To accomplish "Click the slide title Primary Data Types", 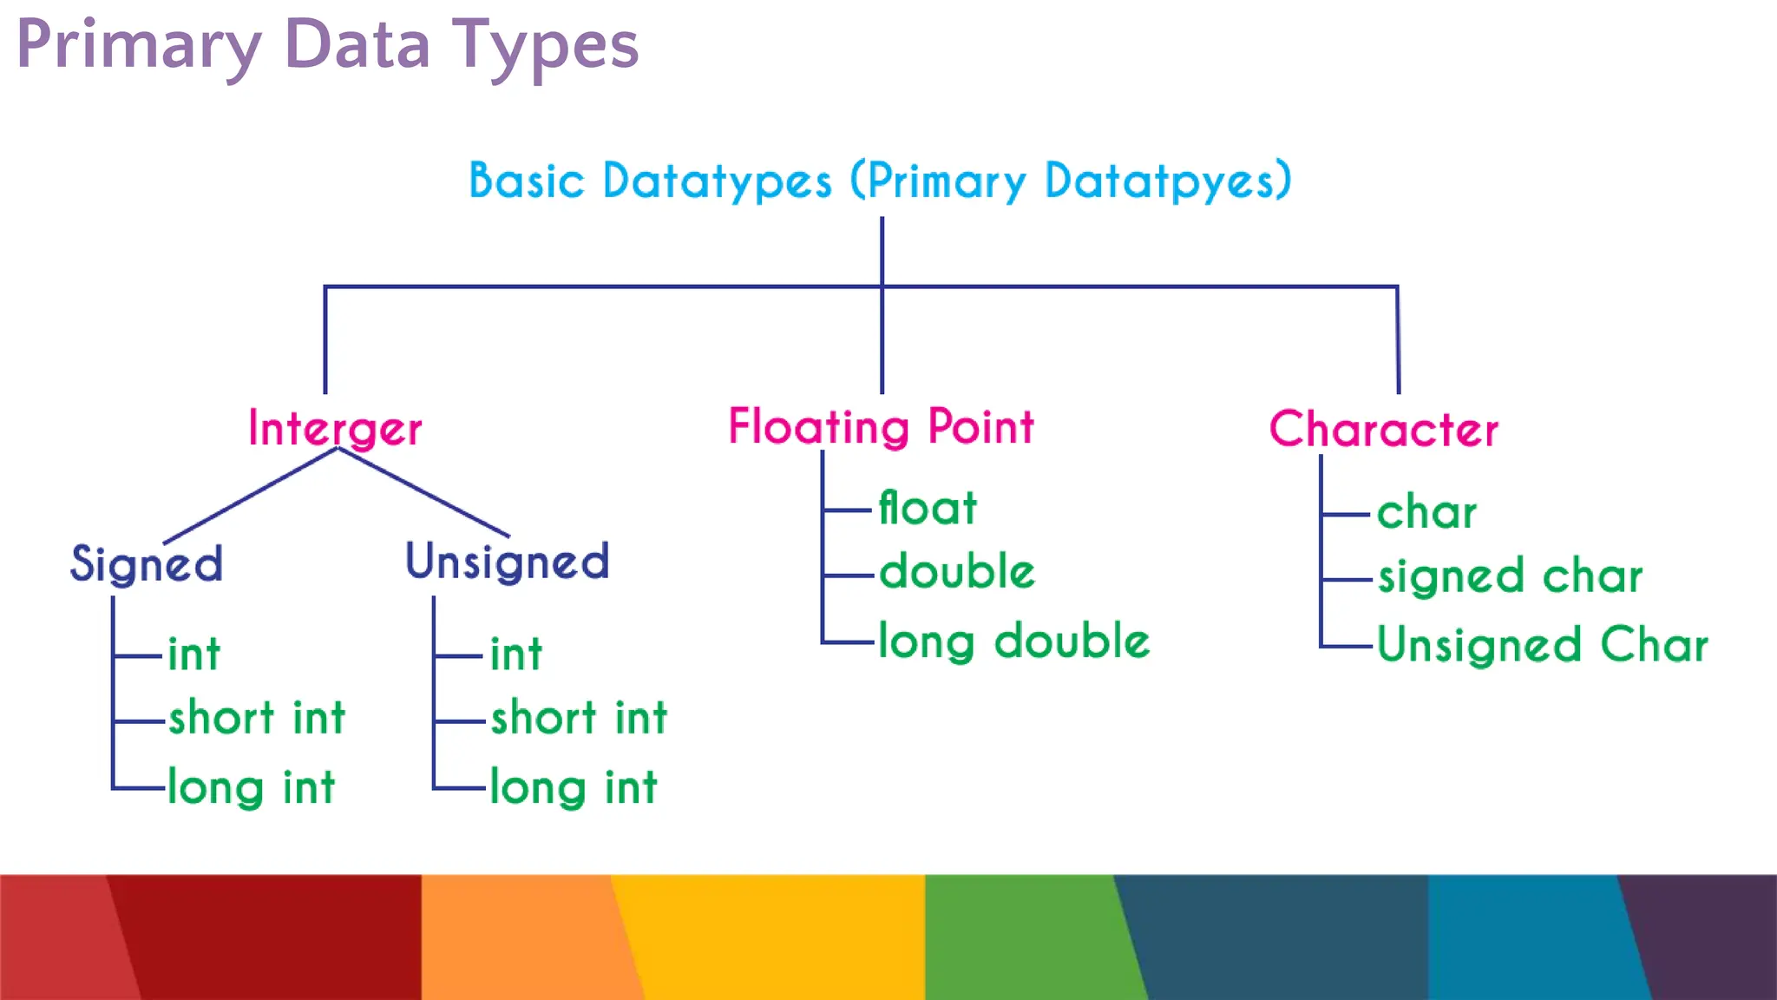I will (x=327, y=45).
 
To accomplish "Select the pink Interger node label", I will (x=335, y=429).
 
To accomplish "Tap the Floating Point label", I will (x=881, y=427).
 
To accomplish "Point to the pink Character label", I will (x=1383, y=429).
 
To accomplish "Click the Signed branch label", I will (x=147, y=564).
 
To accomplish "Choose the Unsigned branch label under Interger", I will (x=508, y=562).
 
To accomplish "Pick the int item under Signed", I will (x=193, y=655).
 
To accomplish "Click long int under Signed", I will (x=251, y=788).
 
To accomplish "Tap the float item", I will (x=928, y=509).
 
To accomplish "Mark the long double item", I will (x=1013, y=642).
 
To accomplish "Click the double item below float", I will (x=957, y=573).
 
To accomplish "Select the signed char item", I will (x=1510, y=576).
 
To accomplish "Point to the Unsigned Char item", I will (x=1542, y=646).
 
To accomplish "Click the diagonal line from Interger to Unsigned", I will (x=423, y=492).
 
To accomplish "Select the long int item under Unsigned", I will (x=573, y=788).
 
